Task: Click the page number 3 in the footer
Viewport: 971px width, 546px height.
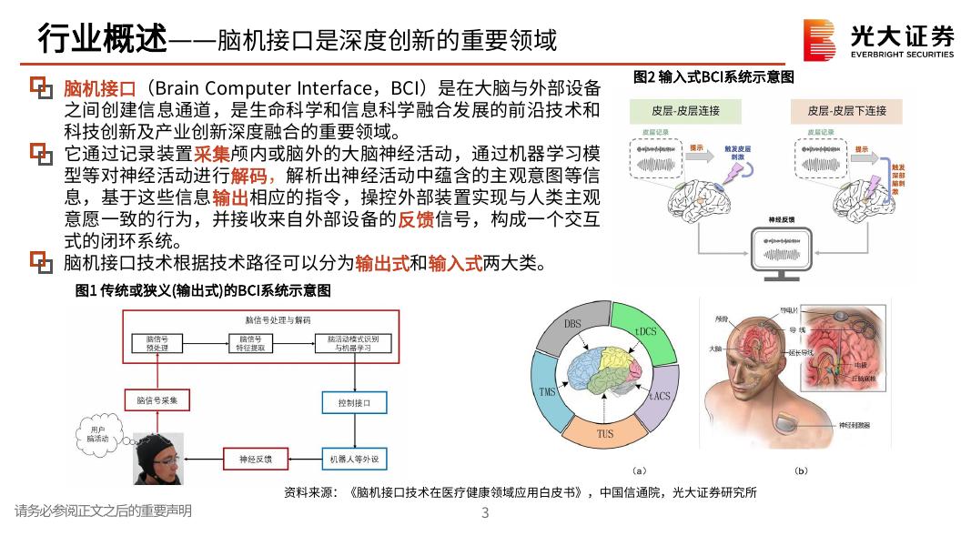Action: (x=485, y=512)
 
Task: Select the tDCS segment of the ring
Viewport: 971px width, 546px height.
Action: (x=644, y=331)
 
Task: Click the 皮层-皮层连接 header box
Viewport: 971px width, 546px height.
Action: (x=685, y=111)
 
